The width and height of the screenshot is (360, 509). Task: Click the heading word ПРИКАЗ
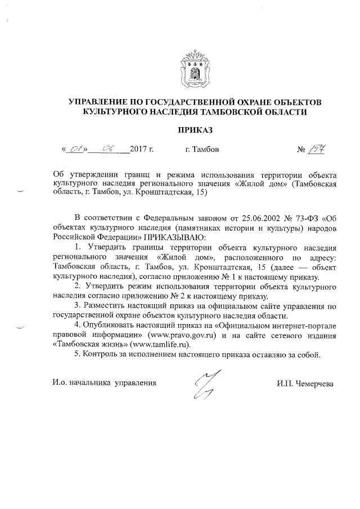[x=195, y=131]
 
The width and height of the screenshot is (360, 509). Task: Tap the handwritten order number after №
[x=319, y=150]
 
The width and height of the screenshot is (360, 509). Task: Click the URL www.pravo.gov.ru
[x=179, y=335]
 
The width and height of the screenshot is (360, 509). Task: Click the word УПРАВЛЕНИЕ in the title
[x=100, y=103]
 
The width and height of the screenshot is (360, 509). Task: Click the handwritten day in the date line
[x=74, y=150]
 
